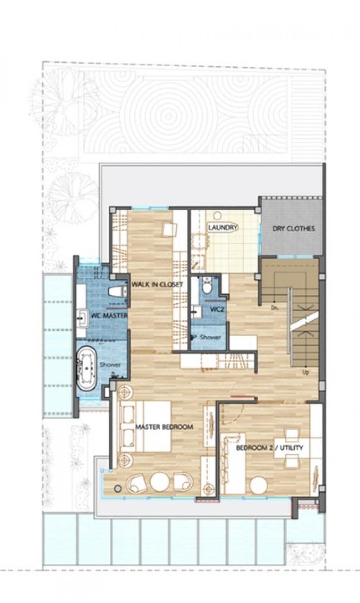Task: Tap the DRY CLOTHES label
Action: click(293, 229)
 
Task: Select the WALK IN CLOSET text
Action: click(157, 284)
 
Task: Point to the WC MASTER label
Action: click(109, 315)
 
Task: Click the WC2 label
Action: click(217, 309)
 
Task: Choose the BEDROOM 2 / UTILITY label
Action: click(269, 448)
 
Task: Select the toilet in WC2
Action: click(207, 286)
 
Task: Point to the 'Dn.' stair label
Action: click(275, 307)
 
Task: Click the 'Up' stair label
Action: click(306, 372)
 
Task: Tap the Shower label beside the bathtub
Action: click(110, 365)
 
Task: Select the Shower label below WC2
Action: click(210, 337)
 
